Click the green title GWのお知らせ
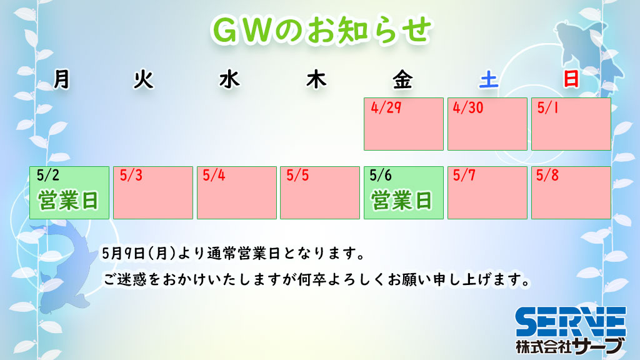tap(321, 30)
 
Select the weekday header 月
tap(62, 79)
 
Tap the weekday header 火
tap(144, 79)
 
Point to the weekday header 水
tap(229, 79)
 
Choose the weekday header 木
tap(316, 79)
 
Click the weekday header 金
tap(402, 79)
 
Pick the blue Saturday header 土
tap(489, 79)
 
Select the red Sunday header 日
tap(571, 79)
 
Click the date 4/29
tap(386, 107)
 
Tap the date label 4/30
tap(468, 107)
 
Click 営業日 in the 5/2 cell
tap(69, 201)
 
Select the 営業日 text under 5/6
tap(402, 201)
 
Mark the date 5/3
tap(131, 176)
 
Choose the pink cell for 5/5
tap(320, 192)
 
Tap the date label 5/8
tap(547, 176)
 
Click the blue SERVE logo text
tap(571, 322)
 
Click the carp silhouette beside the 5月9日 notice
tap(67, 265)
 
